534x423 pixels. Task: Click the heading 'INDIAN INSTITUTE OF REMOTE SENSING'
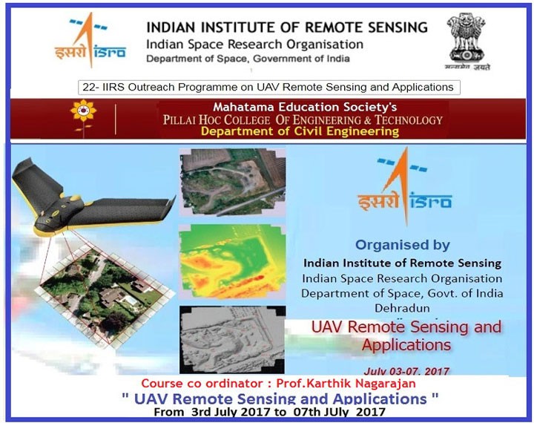tap(287, 27)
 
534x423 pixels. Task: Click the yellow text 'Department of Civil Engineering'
tap(303, 131)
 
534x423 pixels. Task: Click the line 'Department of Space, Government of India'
tap(248, 58)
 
